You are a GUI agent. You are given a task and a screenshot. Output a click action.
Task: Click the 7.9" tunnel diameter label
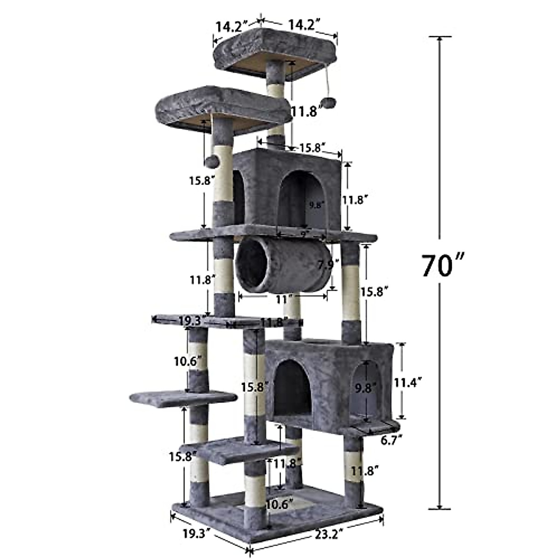click(x=326, y=266)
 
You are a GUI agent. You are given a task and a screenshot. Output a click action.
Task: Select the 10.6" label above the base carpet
click(x=279, y=504)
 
